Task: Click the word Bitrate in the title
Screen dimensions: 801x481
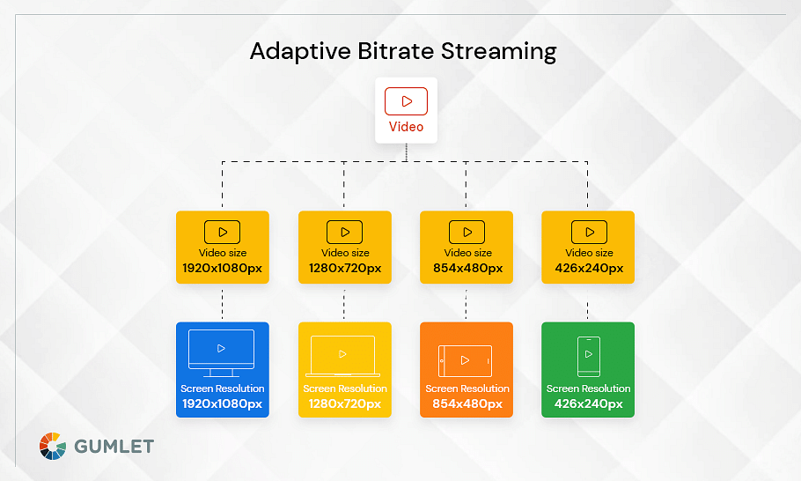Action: pyautogui.click(x=396, y=51)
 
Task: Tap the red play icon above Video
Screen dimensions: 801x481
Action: pyautogui.click(x=406, y=101)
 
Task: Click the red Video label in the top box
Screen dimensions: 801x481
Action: pyautogui.click(x=406, y=127)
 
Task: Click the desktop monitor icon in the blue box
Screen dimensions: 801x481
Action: pyautogui.click(x=221, y=352)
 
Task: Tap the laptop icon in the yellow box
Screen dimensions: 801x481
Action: pyautogui.click(x=342, y=356)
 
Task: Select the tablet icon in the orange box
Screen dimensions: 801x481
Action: pyautogui.click(x=465, y=361)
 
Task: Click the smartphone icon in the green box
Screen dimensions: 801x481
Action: pyautogui.click(x=589, y=356)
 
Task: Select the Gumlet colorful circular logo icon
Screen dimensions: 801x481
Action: pyautogui.click(x=53, y=447)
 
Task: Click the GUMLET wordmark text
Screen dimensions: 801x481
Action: pyautogui.click(x=114, y=447)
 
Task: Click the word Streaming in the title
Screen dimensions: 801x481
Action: pyautogui.click(x=498, y=52)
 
